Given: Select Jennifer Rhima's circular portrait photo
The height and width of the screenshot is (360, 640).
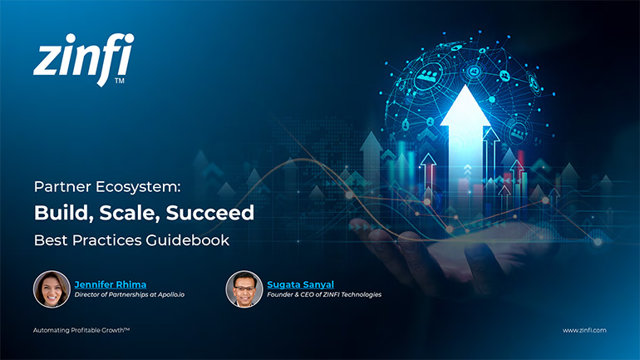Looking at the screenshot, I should click(52, 288).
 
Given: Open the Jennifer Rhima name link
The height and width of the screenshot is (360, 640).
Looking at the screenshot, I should click(111, 284).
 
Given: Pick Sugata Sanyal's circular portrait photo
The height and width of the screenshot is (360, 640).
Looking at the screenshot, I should click(244, 288).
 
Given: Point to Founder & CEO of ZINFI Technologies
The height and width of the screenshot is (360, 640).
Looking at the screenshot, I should click(323, 295).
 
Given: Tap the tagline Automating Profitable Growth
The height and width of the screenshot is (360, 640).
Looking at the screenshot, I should click(81, 330).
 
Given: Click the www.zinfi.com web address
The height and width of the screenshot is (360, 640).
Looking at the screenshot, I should click(584, 330).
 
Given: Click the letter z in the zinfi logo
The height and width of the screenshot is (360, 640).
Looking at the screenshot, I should click(47, 62).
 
